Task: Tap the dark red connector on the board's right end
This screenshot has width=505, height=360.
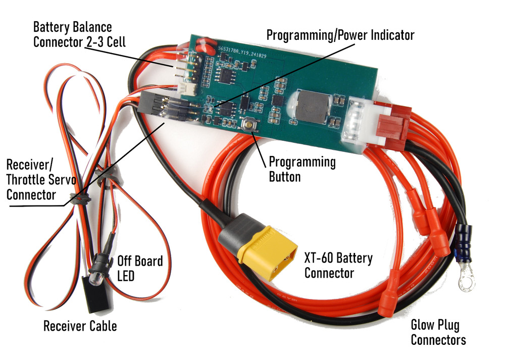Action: pos(394,121)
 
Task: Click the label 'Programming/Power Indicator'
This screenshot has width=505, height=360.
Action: pos(340,35)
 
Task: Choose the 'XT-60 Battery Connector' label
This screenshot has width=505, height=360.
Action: pos(338,266)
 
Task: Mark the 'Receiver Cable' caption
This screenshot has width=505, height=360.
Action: pos(80,326)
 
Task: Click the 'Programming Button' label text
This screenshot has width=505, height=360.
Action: pos(301,169)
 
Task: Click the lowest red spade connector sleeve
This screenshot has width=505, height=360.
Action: pos(387,303)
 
